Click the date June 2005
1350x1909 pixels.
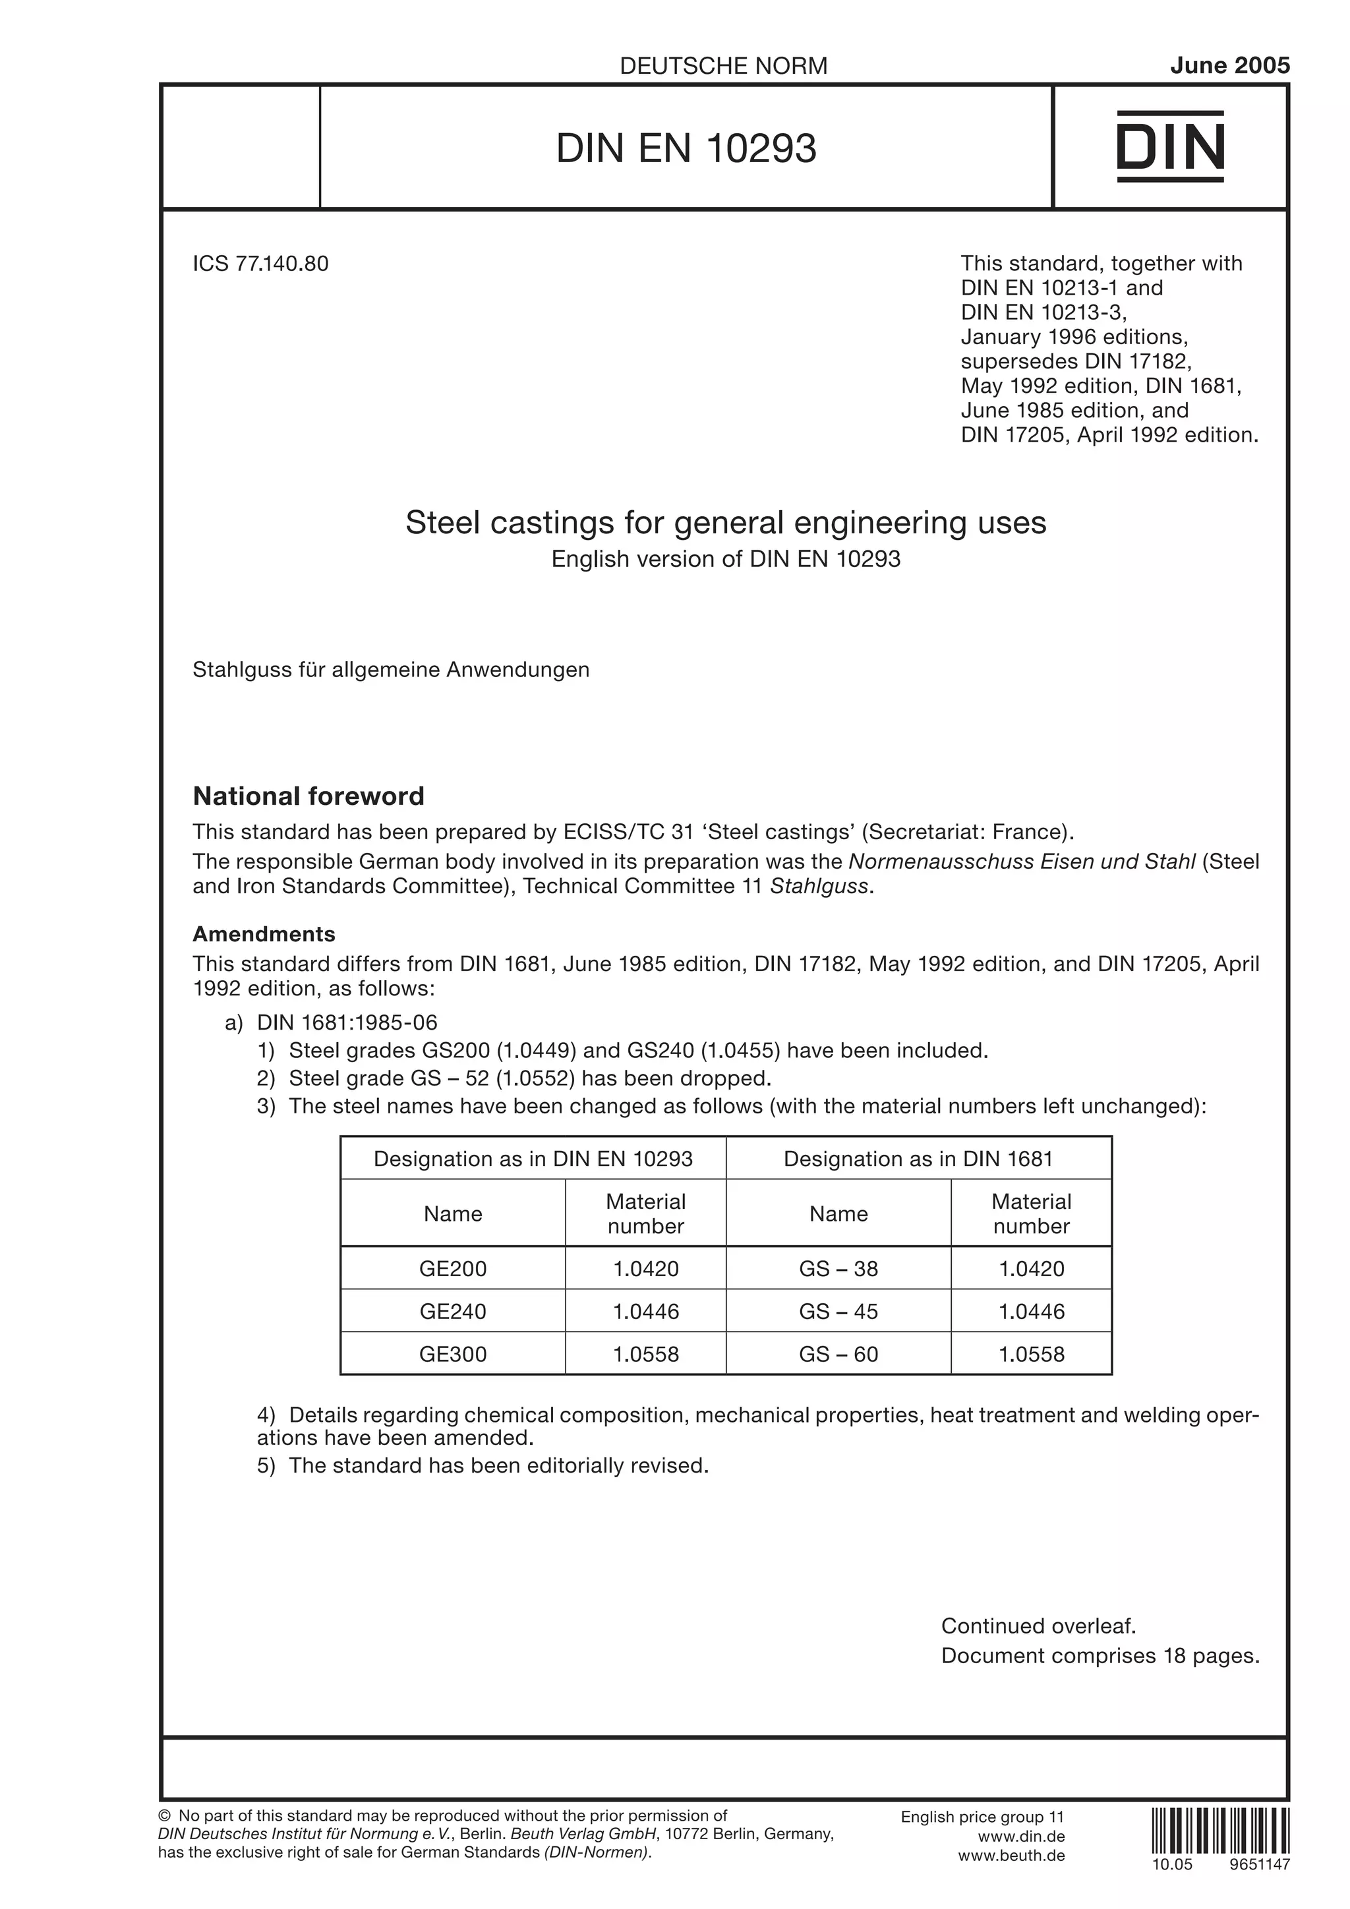pos(1229,66)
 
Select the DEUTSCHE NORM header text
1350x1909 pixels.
pos(723,67)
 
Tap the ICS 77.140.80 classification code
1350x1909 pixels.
pos(261,264)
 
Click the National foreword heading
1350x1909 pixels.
pos(308,796)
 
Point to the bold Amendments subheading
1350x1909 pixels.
pos(264,933)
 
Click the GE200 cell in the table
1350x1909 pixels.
pos(453,1269)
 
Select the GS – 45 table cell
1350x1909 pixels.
pos(838,1311)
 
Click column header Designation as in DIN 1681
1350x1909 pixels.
pos(918,1158)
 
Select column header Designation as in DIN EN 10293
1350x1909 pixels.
pos(533,1158)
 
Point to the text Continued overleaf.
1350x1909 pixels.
pos(1038,1626)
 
